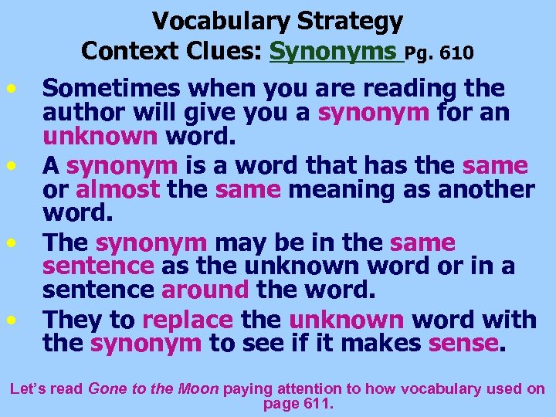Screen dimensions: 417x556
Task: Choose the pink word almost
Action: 117,189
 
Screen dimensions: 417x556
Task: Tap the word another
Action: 484,189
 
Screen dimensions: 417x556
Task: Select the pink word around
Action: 205,291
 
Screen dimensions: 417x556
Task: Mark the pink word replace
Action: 188,319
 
